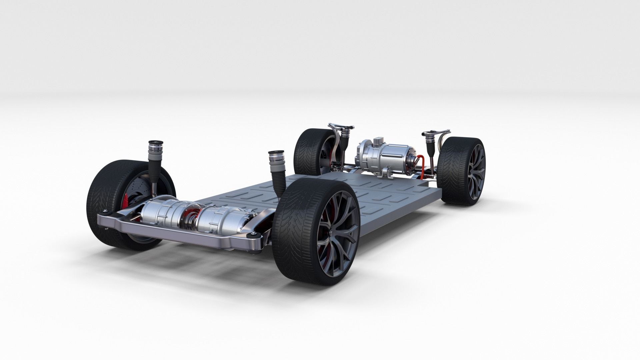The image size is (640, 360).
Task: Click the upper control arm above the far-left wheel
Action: pos(340,126)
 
